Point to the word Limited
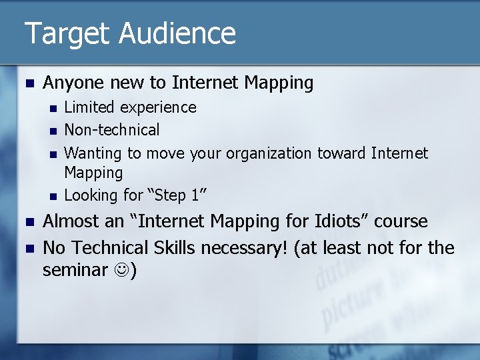[x=89, y=107]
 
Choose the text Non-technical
[x=111, y=130]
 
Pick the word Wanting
[x=93, y=153]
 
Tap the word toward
[x=341, y=153]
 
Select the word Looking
[x=91, y=195]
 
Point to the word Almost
[x=72, y=221]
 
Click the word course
[x=401, y=221]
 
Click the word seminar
[x=75, y=270]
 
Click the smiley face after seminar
[x=121, y=270]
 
